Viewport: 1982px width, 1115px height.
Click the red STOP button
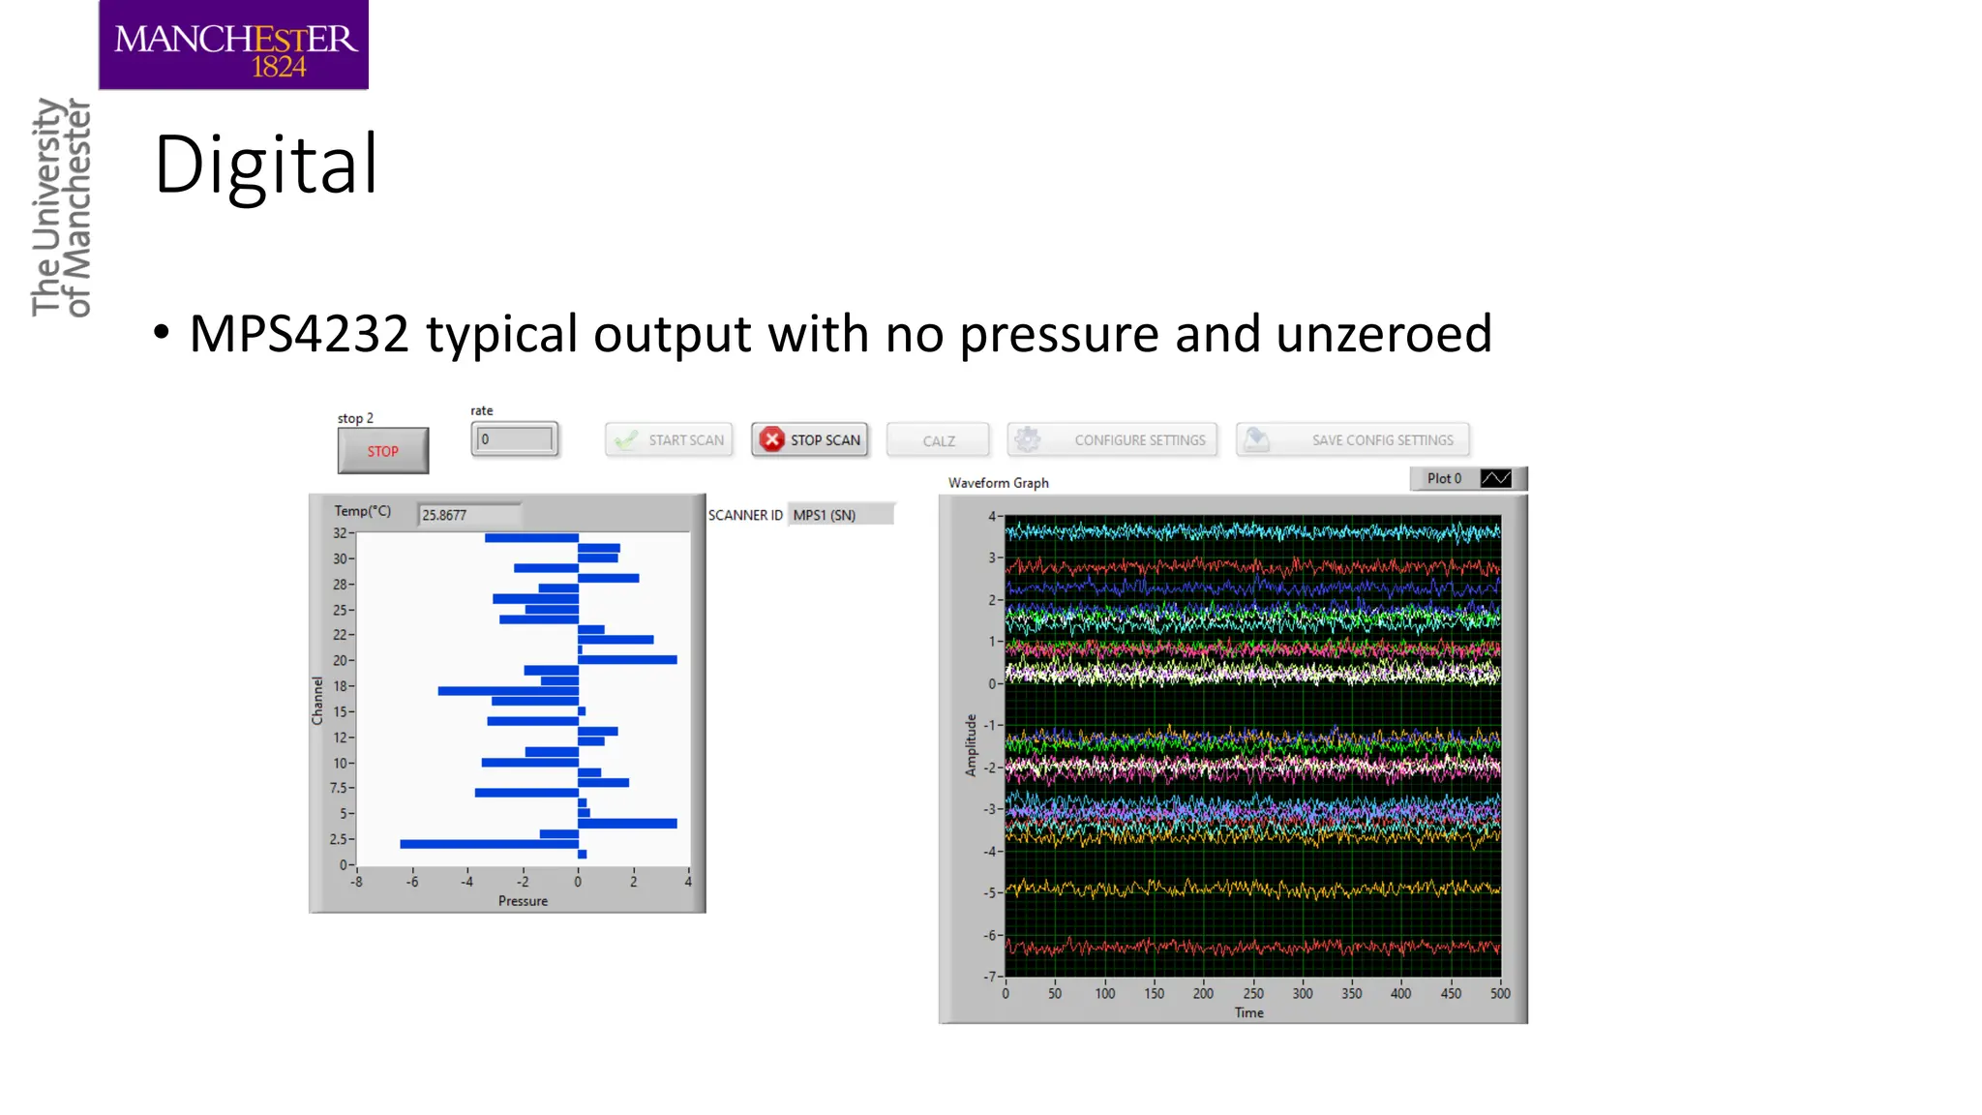(x=382, y=451)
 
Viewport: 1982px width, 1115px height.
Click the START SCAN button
(x=669, y=439)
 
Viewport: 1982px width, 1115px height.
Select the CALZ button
(x=938, y=440)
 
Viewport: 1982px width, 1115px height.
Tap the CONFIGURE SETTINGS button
(x=1112, y=439)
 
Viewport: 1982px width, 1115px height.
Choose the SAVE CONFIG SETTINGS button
(x=1352, y=439)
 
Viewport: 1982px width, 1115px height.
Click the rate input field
(x=515, y=439)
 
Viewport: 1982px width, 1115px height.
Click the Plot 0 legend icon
(x=1495, y=478)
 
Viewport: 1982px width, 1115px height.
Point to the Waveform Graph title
(x=998, y=482)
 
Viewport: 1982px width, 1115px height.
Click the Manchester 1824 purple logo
(x=233, y=45)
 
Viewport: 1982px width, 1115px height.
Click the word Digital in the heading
(x=265, y=165)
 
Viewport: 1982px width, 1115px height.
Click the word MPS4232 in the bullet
(x=299, y=334)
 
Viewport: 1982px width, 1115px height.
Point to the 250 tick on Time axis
(x=1252, y=993)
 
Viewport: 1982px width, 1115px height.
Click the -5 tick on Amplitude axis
(x=990, y=892)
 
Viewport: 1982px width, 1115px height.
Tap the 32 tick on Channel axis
(x=340, y=533)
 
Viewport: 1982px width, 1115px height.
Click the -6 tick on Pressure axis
(x=412, y=882)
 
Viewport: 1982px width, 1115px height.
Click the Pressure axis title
(x=523, y=901)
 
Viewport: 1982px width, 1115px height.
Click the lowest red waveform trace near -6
(x=1252, y=948)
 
